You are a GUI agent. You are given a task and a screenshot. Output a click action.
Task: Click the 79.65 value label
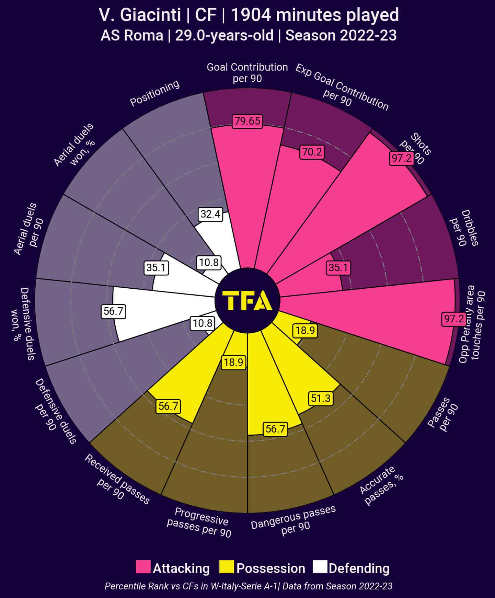pyautogui.click(x=247, y=121)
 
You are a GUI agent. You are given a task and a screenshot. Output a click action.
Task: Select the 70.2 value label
pyautogui.click(x=312, y=152)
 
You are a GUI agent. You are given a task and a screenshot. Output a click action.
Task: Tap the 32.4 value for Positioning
pyautogui.click(x=210, y=214)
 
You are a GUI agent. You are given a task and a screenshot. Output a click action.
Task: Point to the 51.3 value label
pyautogui.click(x=321, y=398)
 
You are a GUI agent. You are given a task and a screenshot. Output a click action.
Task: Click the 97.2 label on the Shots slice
pyautogui.click(x=401, y=158)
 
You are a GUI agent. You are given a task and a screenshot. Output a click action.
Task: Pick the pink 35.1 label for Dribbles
pyautogui.click(x=338, y=267)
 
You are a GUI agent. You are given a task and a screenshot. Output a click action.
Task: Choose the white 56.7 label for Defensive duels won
pyautogui.click(x=113, y=311)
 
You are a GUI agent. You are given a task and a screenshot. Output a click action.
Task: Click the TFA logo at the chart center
pyautogui.click(x=247, y=300)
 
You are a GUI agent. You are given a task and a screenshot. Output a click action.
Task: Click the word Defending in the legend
pyautogui.click(x=359, y=568)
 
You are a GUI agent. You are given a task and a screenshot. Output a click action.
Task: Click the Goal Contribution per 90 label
pyautogui.click(x=247, y=72)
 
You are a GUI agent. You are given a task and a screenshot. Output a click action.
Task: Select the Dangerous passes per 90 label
pyautogui.click(x=294, y=520)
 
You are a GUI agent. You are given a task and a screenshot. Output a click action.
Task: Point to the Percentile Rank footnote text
pyautogui.click(x=248, y=586)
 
